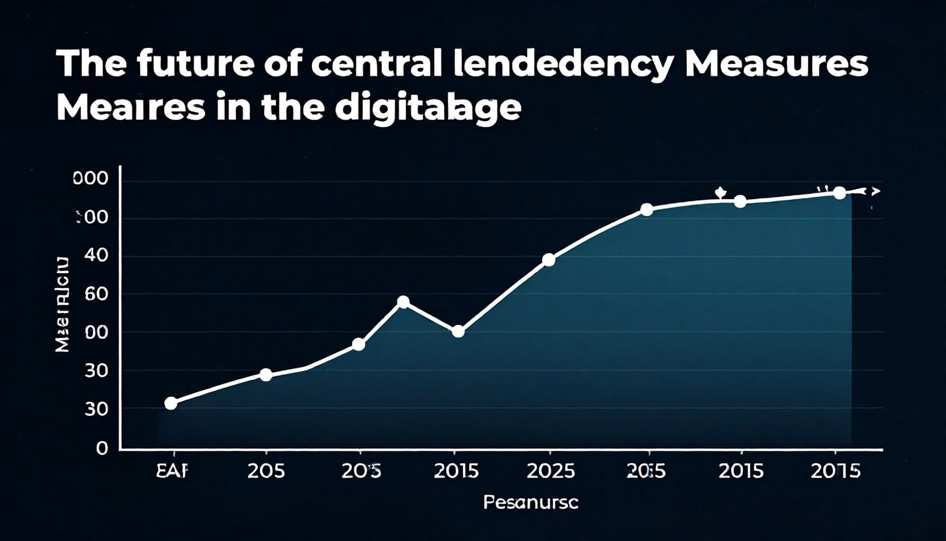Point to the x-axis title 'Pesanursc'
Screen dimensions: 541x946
click(x=531, y=502)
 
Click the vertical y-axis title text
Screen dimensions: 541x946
click(x=62, y=305)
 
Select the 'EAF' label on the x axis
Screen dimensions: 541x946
click(x=172, y=471)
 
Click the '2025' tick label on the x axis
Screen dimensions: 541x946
click(x=550, y=471)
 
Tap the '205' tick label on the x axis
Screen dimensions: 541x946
click(x=266, y=471)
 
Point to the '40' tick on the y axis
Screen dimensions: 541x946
click(x=97, y=256)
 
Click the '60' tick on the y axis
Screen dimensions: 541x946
click(x=96, y=294)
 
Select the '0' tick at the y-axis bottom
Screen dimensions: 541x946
click(x=101, y=449)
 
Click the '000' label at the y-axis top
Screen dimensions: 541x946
click(x=90, y=179)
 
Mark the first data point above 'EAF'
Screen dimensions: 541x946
click(x=171, y=404)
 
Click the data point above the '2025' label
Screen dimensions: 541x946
click(x=548, y=260)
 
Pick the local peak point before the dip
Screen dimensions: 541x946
click(x=403, y=302)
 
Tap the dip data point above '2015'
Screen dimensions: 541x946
click(x=458, y=332)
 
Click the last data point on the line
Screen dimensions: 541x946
click(x=839, y=193)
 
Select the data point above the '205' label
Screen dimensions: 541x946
click(x=266, y=375)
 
